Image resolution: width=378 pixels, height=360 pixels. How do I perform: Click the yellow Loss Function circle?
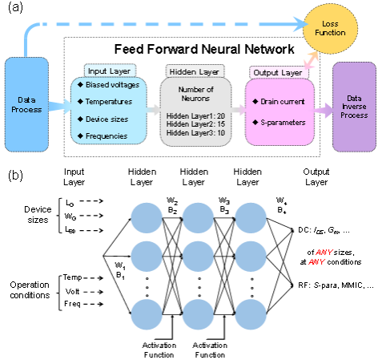(330, 29)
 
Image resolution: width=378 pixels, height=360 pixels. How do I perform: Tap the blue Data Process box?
(26, 104)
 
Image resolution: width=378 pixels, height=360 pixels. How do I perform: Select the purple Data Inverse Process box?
(354, 107)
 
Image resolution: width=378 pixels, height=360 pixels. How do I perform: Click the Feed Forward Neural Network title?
(204, 49)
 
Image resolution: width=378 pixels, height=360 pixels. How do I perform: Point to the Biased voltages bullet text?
(112, 85)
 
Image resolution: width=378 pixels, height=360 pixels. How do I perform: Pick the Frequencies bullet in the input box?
(107, 136)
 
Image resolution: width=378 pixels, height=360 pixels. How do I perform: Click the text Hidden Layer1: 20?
(195, 116)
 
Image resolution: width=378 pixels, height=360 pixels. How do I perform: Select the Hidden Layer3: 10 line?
(195, 133)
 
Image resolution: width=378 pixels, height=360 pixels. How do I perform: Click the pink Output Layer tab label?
(278, 73)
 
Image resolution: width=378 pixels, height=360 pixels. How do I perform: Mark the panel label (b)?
(15, 176)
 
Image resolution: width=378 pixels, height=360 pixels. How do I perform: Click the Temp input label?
(72, 277)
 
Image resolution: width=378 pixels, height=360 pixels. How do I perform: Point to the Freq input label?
(72, 304)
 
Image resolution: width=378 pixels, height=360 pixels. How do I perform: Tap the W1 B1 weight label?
(120, 270)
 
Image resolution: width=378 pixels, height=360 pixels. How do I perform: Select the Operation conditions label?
(30, 290)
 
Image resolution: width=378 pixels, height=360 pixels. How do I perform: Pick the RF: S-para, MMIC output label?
(336, 285)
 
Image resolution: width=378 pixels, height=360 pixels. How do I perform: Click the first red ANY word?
(324, 253)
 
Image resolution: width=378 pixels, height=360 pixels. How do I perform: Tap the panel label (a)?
(15, 7)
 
